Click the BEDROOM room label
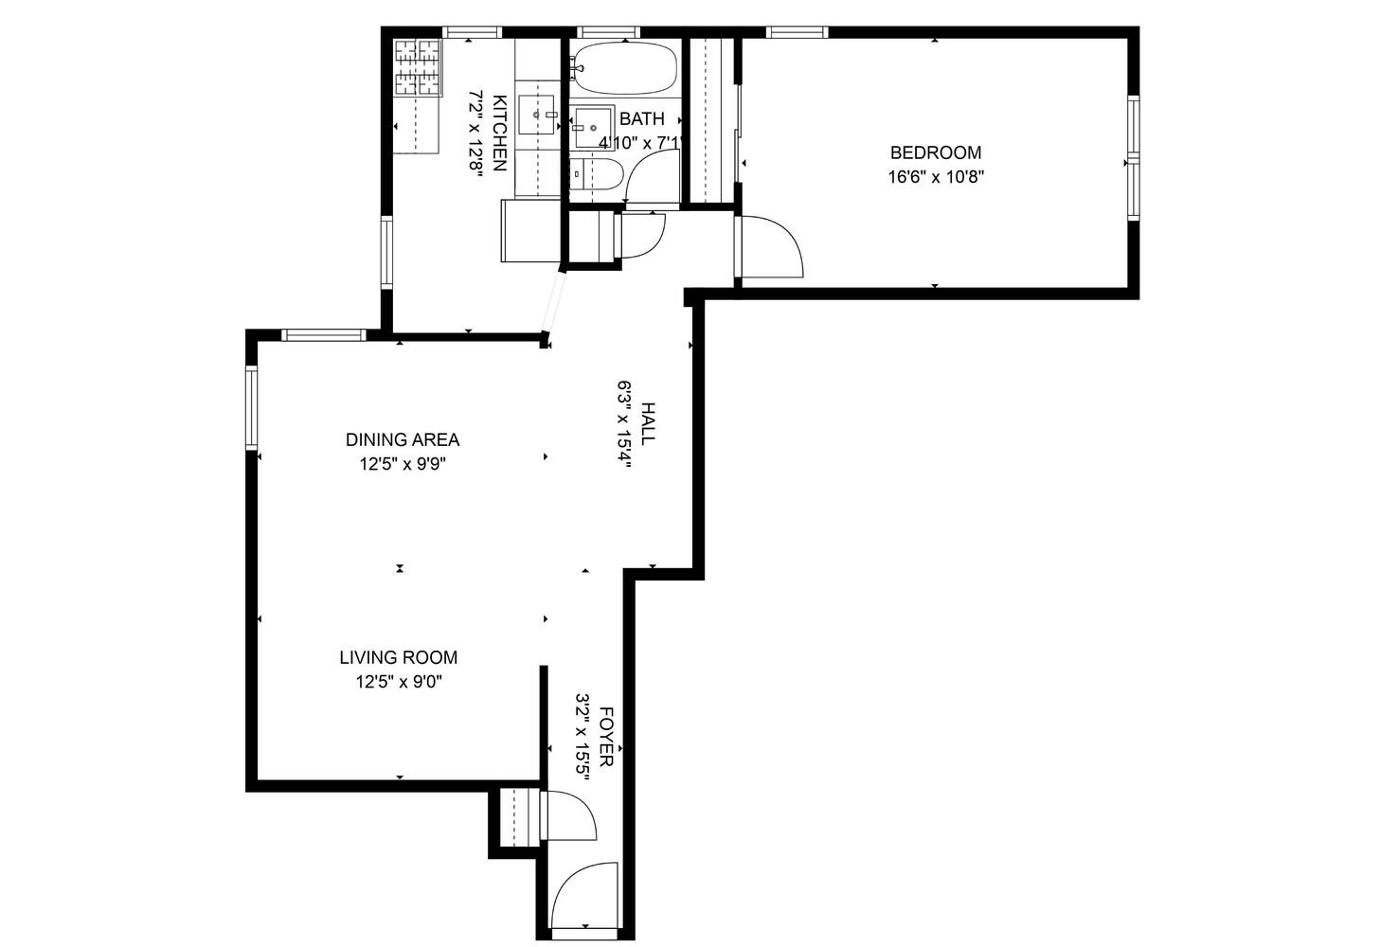(x=935, y=152)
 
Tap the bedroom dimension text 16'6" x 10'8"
(x=935, y=177)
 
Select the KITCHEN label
(x=500, y=134)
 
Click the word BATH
(x=641, y=119)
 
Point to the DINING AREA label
(x=402, y=439)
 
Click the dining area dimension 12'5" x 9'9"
(x=402, y=464)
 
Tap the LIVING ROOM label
(x=398, y=657)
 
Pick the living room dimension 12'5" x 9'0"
(x=398, y=682)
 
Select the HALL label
(x=648, y=423)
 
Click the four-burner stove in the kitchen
(x=418, y=67)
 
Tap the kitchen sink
(x=537, y=115)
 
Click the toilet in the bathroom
(x=598, y=174)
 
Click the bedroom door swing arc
(x=772, y=246)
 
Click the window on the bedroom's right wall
(x=1132, y=158)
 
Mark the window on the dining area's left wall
(x=252, y=407)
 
